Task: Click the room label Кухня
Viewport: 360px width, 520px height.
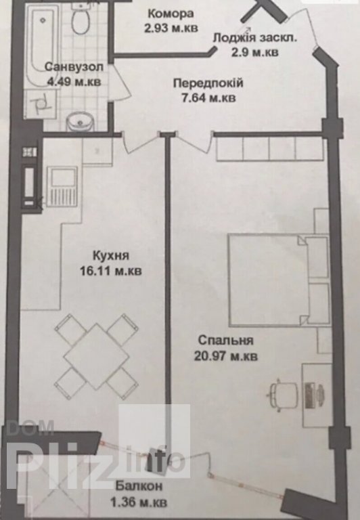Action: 111,256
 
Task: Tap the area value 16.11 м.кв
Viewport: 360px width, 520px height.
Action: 111,271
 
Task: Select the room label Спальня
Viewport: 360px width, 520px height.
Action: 226,341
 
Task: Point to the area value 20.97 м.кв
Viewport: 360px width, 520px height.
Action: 226,356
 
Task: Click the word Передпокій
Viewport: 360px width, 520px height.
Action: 208,83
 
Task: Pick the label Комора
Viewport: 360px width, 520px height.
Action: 171,14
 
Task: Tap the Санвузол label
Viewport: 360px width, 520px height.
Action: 74,66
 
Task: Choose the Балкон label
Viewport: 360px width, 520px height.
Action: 139,486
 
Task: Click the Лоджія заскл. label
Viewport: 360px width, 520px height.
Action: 255,37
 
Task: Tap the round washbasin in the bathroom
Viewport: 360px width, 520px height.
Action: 80,121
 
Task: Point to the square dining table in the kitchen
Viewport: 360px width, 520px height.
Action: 96,357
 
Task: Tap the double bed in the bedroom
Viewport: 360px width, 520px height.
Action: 278,279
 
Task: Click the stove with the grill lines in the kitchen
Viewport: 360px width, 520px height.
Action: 62,187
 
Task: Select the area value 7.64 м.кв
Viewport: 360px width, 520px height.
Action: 209,98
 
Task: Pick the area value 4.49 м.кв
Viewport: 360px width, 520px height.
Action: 74,81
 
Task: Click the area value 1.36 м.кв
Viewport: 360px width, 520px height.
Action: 139,502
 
